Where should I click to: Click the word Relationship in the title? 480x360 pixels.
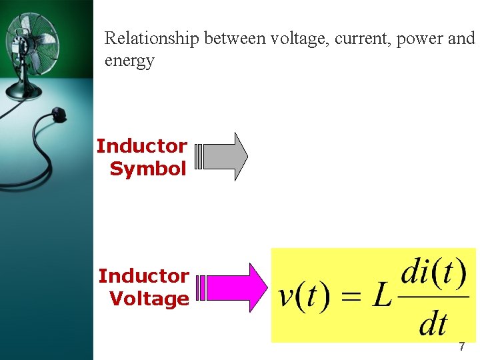tap(152, 39)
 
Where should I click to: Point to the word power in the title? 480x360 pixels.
tap(420, 39)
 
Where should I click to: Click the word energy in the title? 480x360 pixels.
tap(129, 61)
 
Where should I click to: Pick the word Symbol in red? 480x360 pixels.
tap(148, 169)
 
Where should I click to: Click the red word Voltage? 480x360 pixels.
tap(149, 299)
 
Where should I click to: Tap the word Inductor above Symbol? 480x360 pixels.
tap(142, 146)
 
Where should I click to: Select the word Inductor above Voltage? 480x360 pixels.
tap(144, 276)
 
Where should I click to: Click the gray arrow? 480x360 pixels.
tap(224, 157)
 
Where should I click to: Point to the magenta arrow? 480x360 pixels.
tap(233, 287)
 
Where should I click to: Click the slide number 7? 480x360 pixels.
tap(461, 347)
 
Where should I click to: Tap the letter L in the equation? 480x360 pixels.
tap(381, 296)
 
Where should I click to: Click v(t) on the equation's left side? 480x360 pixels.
tap(305, 296)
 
